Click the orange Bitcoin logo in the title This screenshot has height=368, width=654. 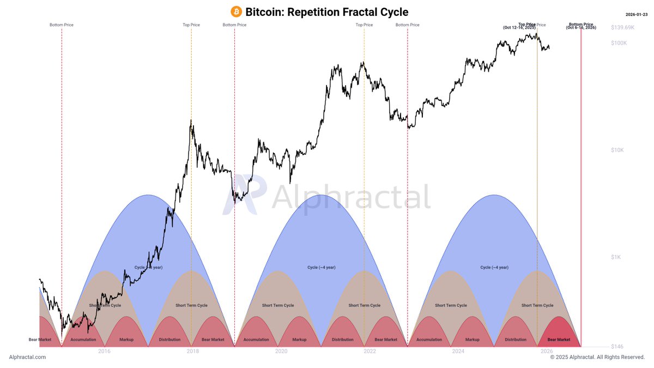click(x=237, y=11)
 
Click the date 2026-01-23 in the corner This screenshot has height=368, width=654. click(x=637, y=15)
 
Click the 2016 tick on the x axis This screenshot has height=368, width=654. click(x=104, y=352)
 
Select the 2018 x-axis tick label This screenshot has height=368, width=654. click(x=192, y=352)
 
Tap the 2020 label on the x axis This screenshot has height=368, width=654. click(x=281, y=352)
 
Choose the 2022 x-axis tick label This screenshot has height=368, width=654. click(x=370, y=352)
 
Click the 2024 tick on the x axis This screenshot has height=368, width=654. click(x=458, y=352)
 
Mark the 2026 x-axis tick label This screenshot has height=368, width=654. click(x=547, y=352)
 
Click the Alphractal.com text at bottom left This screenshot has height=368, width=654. click(x=27, y=357)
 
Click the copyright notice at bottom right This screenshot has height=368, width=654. click(x=597, y=357)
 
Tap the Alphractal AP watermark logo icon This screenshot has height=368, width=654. click(x=244, y=196)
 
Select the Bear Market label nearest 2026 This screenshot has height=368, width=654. click(x=559, y=340)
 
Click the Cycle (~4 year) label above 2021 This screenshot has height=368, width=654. click(x=321, y=267)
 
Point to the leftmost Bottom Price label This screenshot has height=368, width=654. click(x=62, y=25)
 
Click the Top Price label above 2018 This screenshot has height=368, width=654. click(x=191, y=25)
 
